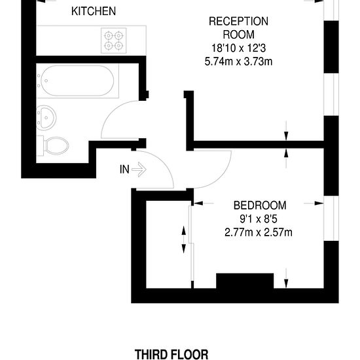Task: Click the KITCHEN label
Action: pyautogui.click(x=94, y=11)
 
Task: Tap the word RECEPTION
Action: pyautogui.click(x=238, y=22)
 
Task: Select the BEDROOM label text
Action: pyautogui.click(x=260, y=206)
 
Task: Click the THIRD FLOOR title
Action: pyautogui.click(x=171, y=354)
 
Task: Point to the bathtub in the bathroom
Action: pyautogui.click(x=77, y=81)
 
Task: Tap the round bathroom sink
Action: pyautogui.click(x=46, y=118)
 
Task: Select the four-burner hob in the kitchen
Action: pyautogui.click(x=114, y=41)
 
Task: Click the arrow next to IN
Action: pyautogui.click(x=139, y=170)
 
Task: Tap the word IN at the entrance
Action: pyautogui.click(x=124, y=170)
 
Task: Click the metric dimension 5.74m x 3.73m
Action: pyautogui.click(x=238, y=62)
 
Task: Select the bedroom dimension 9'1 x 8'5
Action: pyautogui.click(x=259, y=219)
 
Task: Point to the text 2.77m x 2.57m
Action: pyautogui.click(x=259, y=232)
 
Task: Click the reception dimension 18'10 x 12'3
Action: pyautogui.click(x=238, y=48)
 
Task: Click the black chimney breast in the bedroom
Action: pyautogui.click(x=245, y=281)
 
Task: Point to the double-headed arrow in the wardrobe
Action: pyautogui.click(x=183, y=240)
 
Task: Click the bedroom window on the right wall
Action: pyautogui.click(x=331, y=219)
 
